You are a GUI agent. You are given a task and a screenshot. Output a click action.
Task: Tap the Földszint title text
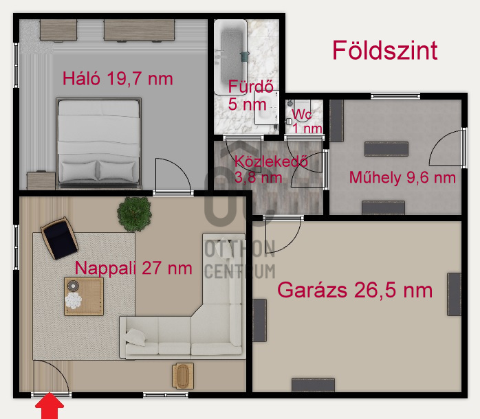(x=384, y=50)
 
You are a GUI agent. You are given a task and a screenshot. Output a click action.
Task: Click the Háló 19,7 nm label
(x=118, y=78)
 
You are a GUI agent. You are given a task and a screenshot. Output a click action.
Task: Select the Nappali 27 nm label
(x=134, y=268)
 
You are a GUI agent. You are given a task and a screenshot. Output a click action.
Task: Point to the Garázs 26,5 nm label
(x=355, y=290)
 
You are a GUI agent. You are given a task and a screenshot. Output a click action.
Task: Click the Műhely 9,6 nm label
(x=402, y=178)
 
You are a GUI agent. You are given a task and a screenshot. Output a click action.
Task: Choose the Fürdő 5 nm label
(x=246, y=95)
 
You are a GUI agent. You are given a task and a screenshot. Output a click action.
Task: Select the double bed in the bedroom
(x=99, y=143)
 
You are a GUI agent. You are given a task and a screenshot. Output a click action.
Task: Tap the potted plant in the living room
(x=133, y=214)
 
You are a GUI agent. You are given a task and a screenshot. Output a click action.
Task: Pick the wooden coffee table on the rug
(x=84, y=295)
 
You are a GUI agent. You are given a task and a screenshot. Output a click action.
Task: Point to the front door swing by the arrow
(x=50, y=378)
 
